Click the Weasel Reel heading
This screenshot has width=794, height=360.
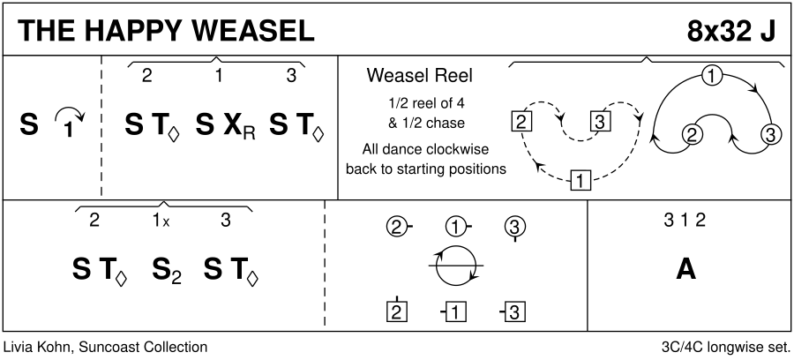click(408, 75)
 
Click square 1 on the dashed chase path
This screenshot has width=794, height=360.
click(580, 183)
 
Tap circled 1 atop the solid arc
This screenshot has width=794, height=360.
click(711, 76)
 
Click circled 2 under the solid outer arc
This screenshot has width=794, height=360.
click(693, 135)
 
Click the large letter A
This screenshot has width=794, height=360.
click(685, 270)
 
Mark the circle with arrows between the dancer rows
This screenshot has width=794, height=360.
click(456, 266)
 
